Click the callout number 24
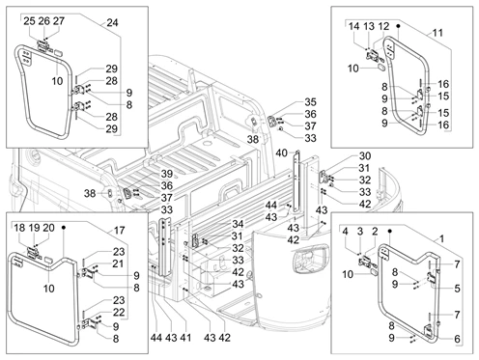click(112, 23)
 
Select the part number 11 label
click(437, 33)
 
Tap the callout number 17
click(119, 231)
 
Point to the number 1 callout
click(442, 239)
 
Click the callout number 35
click(310, 102)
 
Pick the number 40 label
click(281, 153)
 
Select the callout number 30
click(365, 156)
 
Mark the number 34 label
click(238, 224)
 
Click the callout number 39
click(167, 174)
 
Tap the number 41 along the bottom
click(185, 338)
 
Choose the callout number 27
click(59, 21)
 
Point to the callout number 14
click(353, 26)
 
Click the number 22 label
click(119, 313)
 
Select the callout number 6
click(457, 339)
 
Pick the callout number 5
click(457, 289)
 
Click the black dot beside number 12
click(398, 26)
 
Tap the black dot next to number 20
click(64, 228)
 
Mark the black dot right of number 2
click(389, 231)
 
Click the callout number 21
click(118, 263)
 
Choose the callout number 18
click(19, 228)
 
